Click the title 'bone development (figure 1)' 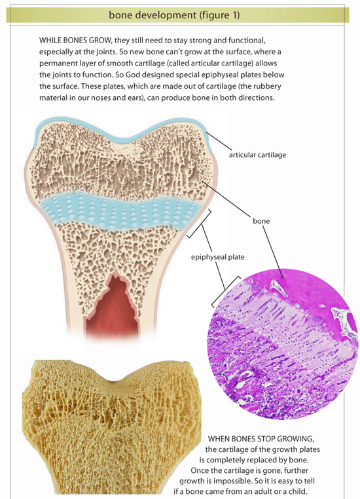point(174,14)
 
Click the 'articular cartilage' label point(257,155)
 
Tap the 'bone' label point(261,221)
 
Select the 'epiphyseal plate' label point(217,257)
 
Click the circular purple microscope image point(283,344)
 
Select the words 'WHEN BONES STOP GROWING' point(261,439)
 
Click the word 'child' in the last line point(298,491)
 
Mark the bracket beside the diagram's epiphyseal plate point(200,224)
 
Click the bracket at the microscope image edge point(225,291)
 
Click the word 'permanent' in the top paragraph point(55,63)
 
